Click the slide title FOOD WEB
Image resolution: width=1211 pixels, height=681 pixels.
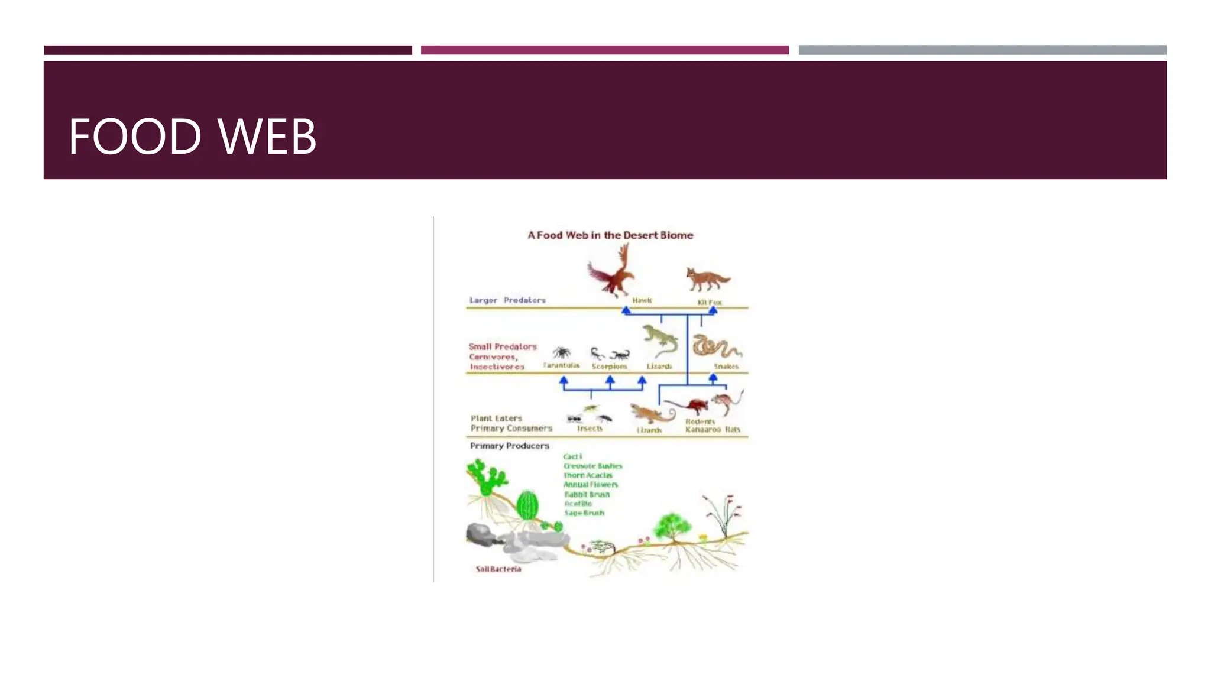point(192,137)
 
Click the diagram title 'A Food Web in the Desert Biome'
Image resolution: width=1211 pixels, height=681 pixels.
point(610,235)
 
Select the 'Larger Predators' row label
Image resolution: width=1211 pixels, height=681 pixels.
point(507,300)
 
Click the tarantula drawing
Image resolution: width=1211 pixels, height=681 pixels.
point(561,353)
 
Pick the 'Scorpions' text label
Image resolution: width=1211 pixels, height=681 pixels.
point(609,367)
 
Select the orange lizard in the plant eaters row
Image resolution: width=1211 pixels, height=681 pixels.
point(650,413)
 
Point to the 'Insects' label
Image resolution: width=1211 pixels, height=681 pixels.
point(590,429)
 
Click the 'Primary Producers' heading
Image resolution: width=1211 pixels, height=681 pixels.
point(509,446)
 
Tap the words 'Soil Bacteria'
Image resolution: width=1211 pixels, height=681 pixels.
point(498,569)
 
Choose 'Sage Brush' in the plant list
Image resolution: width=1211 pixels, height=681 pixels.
point(584,513)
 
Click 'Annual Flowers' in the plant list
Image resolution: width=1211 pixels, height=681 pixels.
point(590,485)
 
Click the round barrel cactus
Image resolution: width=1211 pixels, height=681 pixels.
point(527,505)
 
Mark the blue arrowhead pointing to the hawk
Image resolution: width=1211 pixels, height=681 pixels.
point(626,311)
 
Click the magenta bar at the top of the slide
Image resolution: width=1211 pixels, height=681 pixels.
point(604,50)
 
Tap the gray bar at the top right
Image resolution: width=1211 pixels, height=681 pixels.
point(982,50)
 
